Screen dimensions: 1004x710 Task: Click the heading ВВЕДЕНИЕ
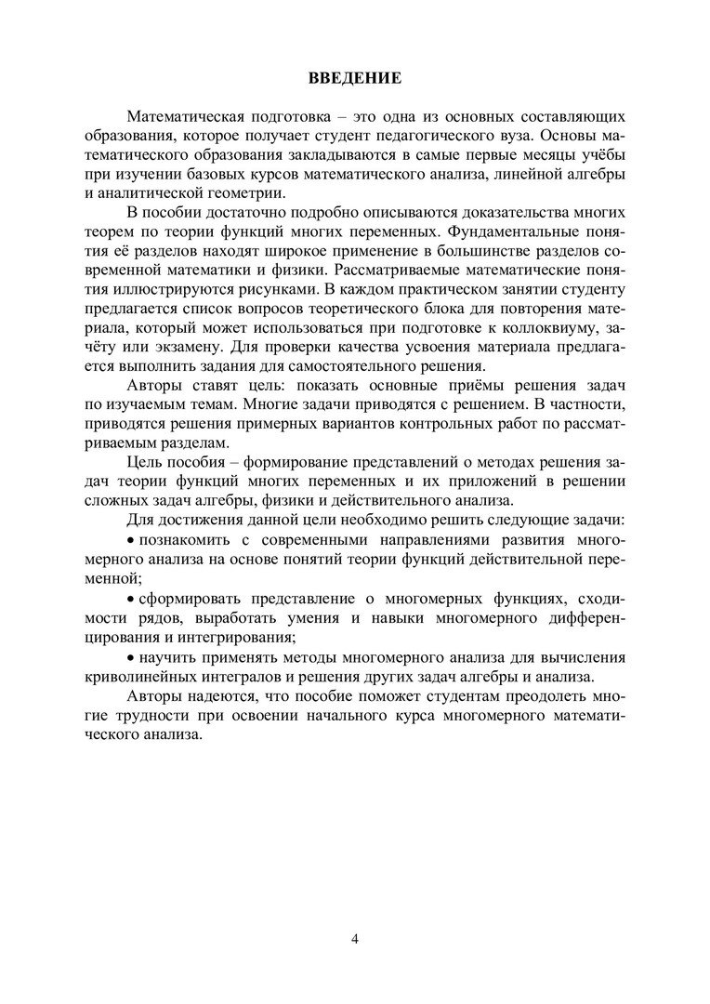[355, 78]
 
